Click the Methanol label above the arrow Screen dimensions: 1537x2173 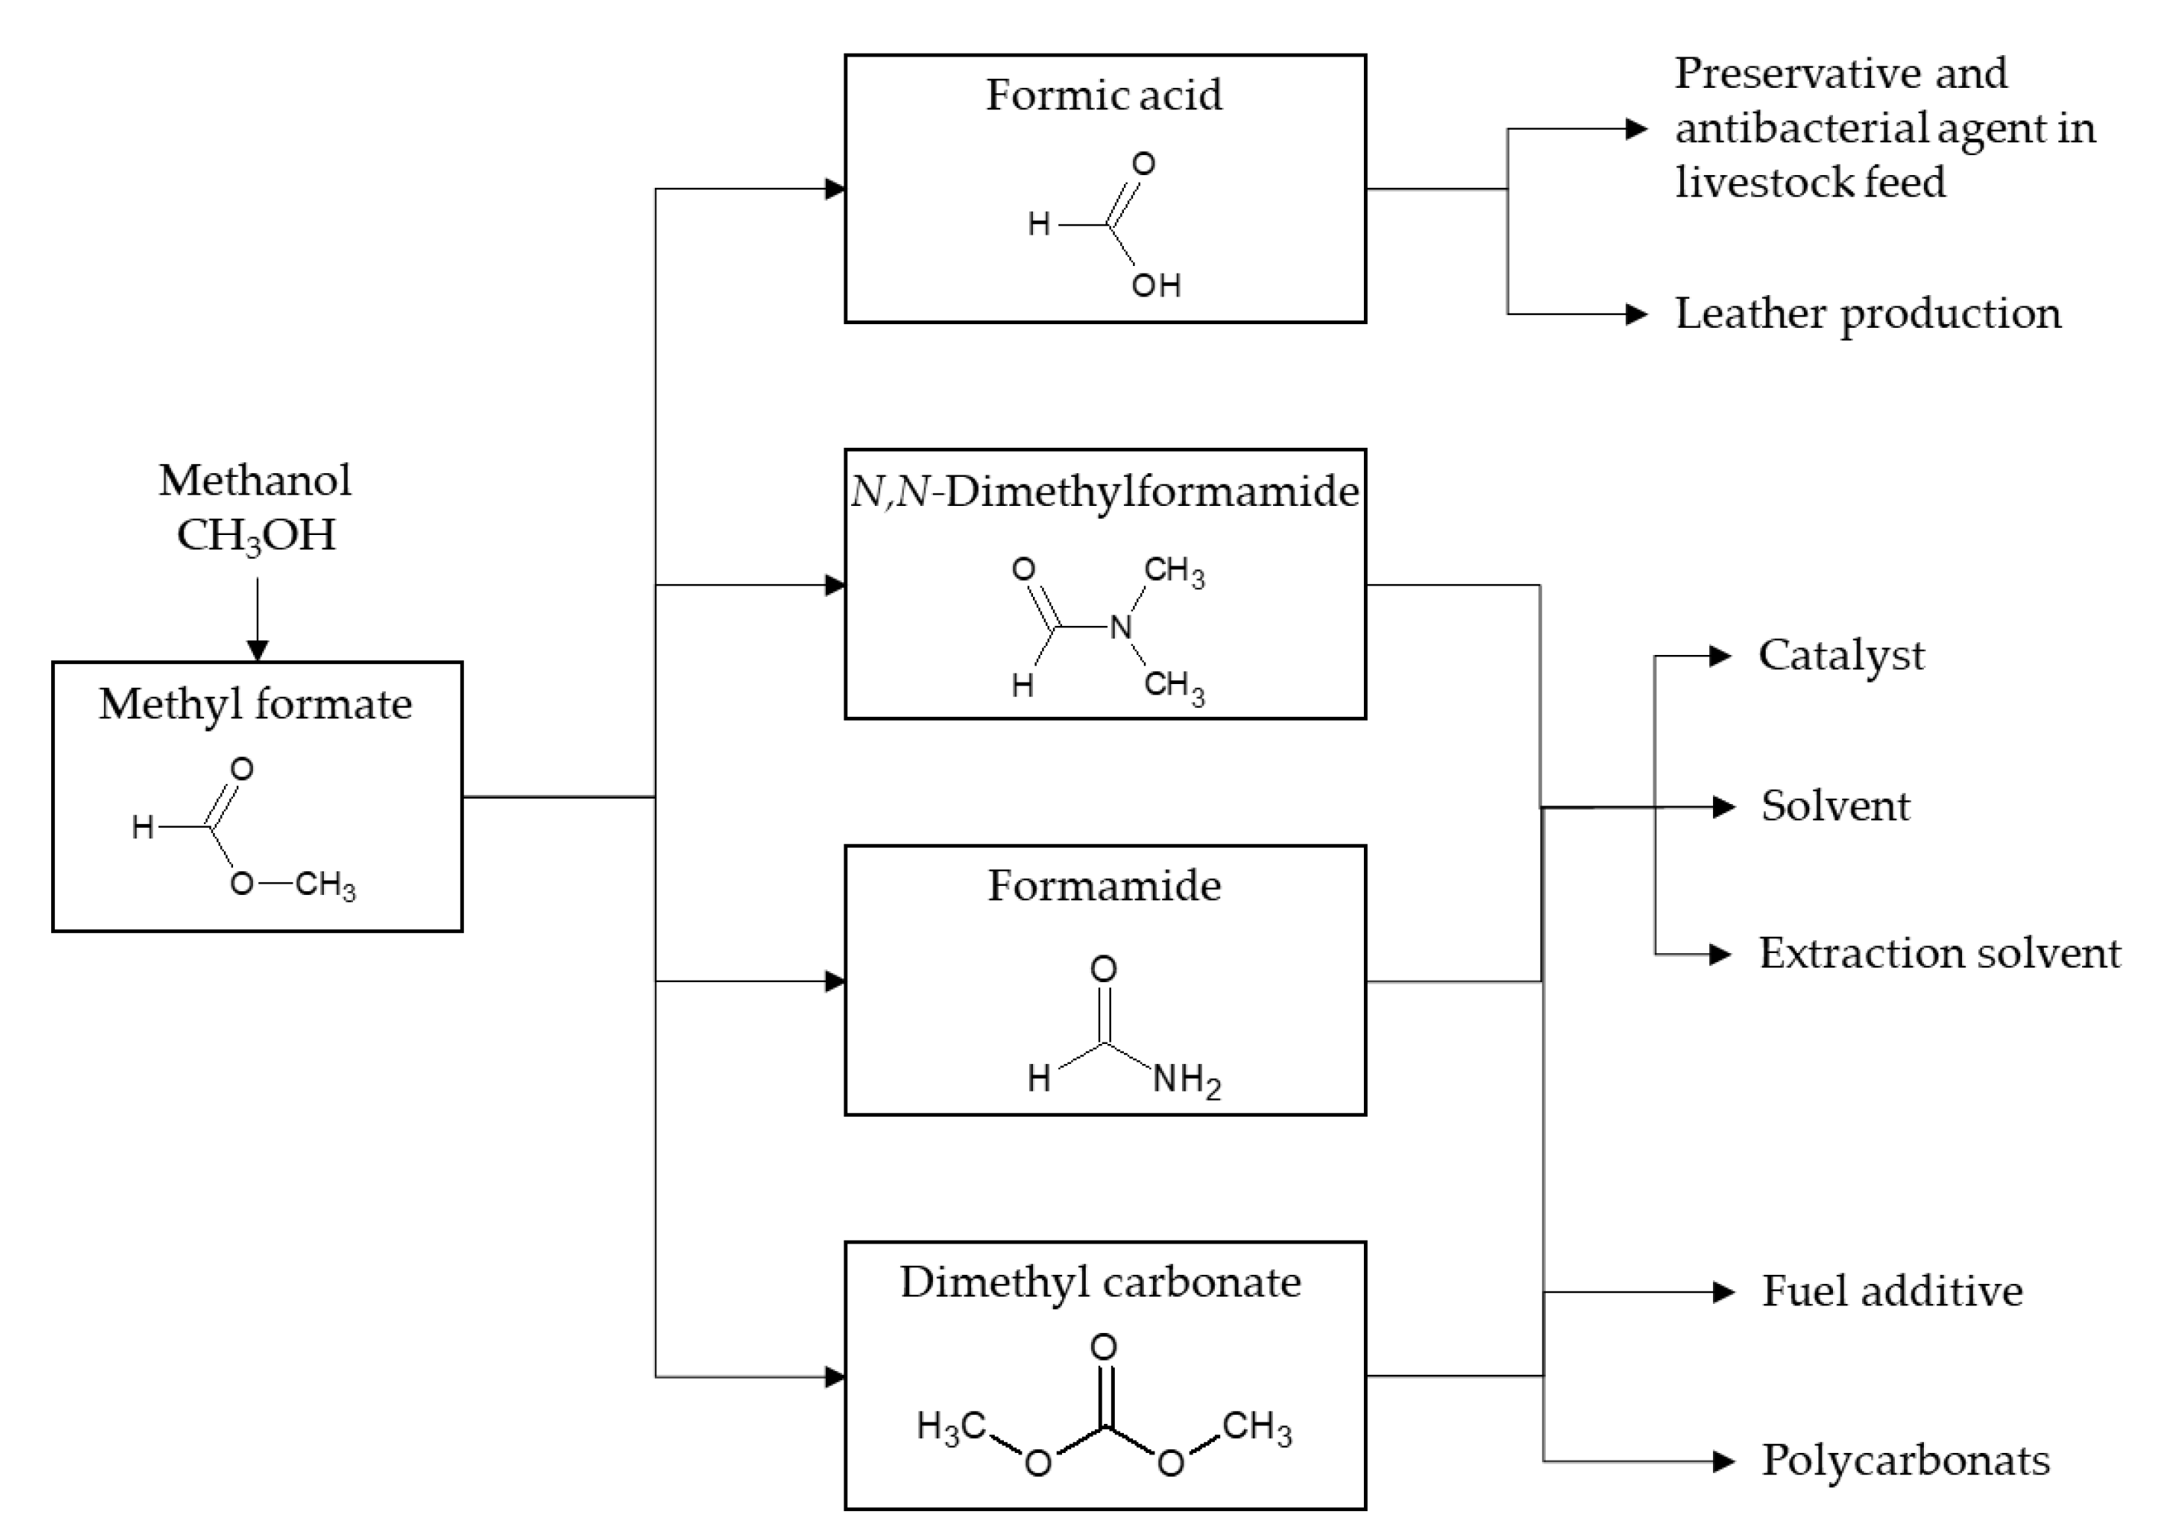[x=254, y=481]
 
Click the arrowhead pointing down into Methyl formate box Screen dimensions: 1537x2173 [x=257, y=650]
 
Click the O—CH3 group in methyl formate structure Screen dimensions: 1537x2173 [x=293, y=885]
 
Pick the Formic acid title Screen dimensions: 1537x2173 [x=1103, y=96]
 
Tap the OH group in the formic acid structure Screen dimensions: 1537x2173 [x=1155, y=285]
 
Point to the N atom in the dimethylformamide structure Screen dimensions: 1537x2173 [x=1122, y=627]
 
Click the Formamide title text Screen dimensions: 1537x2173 [x=1103, y=887]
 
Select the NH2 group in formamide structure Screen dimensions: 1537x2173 [x=1186, y=1080]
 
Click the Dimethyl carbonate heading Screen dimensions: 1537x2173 [x=1099, y=1283]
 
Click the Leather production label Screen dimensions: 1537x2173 [x=1867, y=314]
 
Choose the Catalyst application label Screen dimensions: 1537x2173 [x=1841, y=656]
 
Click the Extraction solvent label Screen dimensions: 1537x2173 [x=1939, y=954]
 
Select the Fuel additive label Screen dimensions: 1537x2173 [x=1891, y=1292]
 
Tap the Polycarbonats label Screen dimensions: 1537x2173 [x=1905, y=1461]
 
